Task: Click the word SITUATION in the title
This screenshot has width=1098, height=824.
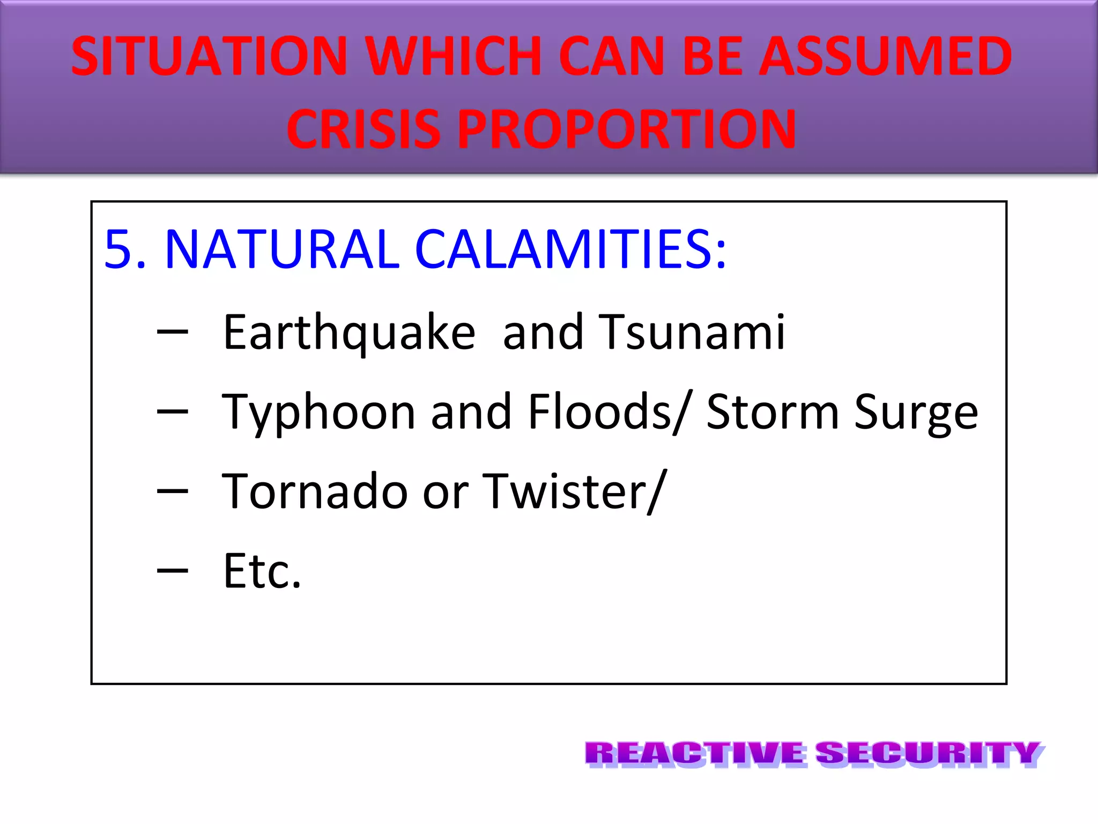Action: (209, 56)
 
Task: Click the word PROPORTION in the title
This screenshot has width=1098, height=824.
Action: (626, 129)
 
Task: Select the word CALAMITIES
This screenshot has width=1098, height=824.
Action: (570, 249)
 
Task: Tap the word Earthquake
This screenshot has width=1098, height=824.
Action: (349, 333)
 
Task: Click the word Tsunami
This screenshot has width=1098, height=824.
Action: (692, 333)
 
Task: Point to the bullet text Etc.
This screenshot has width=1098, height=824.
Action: (262, 571)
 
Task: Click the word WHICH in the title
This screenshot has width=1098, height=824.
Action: (454, 56)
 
